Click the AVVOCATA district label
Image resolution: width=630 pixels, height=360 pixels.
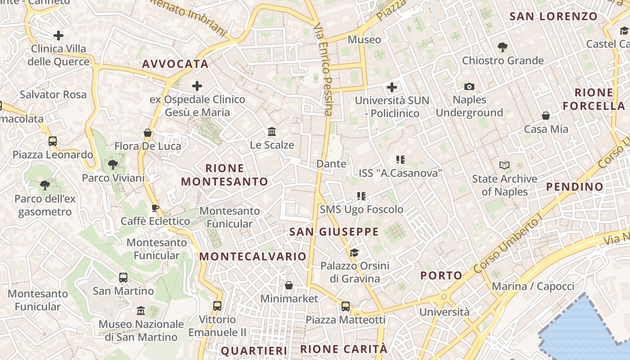click(175, 64)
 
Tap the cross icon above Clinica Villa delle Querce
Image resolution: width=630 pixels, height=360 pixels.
click(58, 36)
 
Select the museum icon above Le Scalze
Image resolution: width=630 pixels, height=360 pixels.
click(272, 132)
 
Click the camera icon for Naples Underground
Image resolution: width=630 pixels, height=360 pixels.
click(469, 86)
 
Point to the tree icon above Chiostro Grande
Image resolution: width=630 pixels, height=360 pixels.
click(503, 47)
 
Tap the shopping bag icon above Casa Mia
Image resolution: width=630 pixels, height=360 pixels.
click(546, 116)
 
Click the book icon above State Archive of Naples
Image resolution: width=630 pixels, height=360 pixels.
click(504, 166)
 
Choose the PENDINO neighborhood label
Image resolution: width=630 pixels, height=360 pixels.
click(575, 187)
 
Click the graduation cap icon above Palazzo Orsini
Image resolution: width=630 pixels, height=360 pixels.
click(355, 252)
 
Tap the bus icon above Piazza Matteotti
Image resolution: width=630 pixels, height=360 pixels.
click(346, 306)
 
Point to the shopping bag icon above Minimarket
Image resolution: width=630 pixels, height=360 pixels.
click(289, 286)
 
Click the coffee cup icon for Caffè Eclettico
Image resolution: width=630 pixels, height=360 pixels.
click(155, 208)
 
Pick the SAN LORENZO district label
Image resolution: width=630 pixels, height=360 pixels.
click(553, 17)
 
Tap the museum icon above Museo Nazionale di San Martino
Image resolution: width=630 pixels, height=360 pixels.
click(141, 310)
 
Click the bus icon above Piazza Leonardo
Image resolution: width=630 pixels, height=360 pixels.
click(53, 141)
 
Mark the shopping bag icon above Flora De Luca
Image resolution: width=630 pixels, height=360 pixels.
click(147, 133)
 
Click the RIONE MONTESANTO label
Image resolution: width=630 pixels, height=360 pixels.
click(224, 175)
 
